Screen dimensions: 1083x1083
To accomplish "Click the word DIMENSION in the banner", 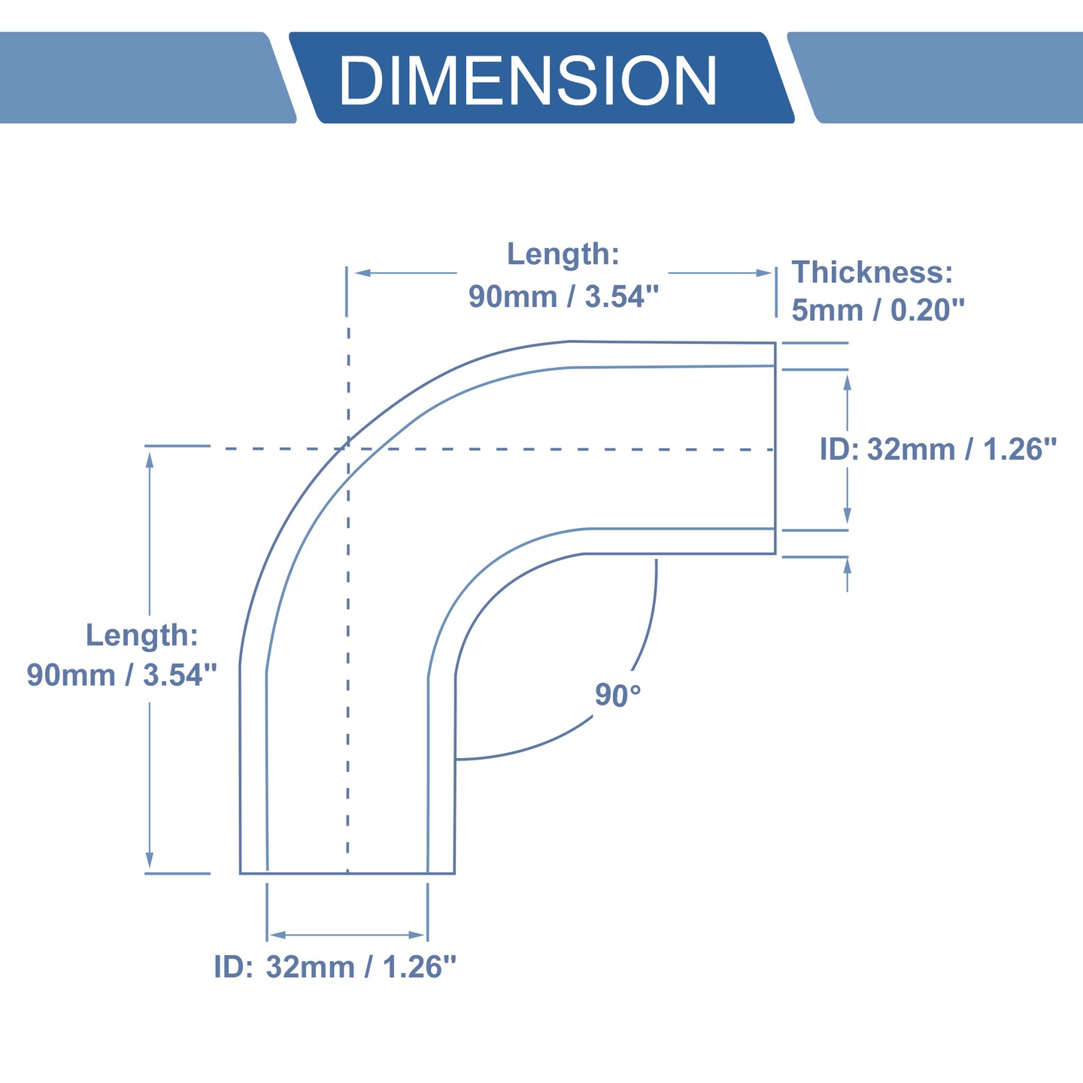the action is tap(528, 80).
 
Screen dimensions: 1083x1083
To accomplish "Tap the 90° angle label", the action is tap(617, 695).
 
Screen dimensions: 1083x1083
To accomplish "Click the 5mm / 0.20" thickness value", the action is tap(878, 310).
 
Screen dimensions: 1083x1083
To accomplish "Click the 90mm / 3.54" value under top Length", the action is tap(564, 296).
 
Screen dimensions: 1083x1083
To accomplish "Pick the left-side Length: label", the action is tap(142, 635).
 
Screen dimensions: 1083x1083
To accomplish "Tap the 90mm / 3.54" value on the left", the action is tap(122, 675).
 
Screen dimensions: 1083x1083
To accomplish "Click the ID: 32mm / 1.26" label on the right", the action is tap(938, 449).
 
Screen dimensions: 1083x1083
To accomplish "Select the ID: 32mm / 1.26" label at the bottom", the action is tap(335, 966).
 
